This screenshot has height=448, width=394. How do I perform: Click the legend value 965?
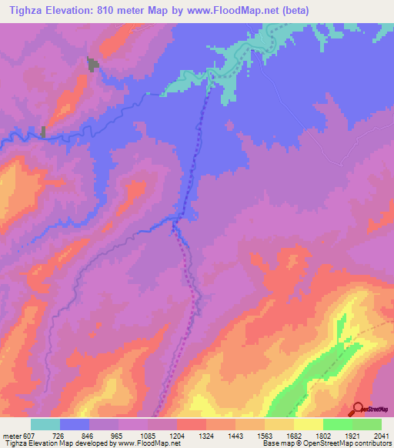[x=118, y=436]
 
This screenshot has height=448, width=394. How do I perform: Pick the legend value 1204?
[x=176, y=436]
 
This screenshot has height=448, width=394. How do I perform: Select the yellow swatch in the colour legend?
[x=308, y=424]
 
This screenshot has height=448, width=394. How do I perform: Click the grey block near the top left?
[x=93, y=65]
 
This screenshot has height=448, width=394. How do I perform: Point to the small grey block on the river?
[x=43, y=132]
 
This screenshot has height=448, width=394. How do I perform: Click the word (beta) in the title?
[x=325, y=10]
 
